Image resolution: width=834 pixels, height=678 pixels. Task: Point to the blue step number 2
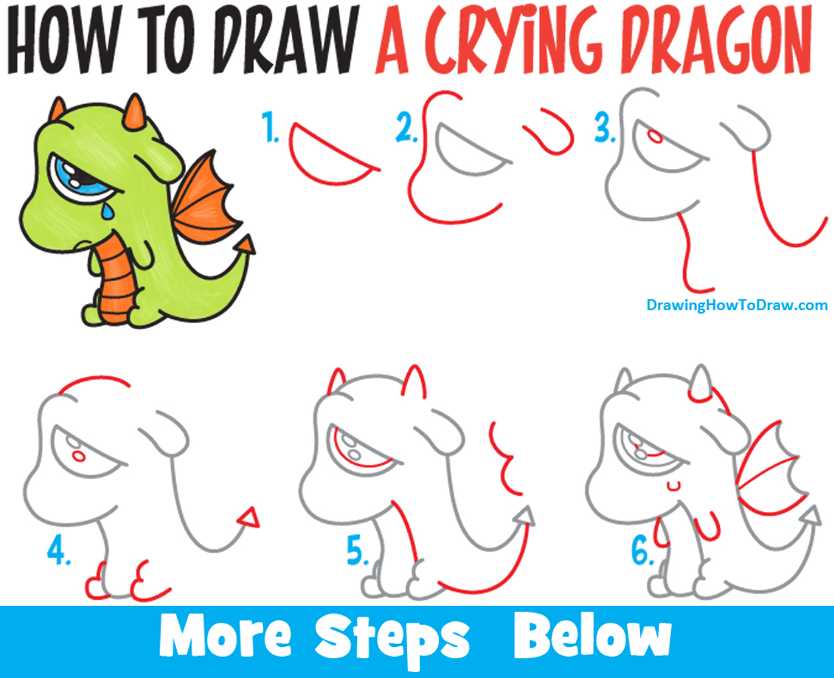point(407,129)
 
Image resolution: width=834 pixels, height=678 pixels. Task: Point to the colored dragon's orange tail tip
point(247,244)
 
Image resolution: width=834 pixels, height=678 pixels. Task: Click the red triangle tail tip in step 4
point(248,517)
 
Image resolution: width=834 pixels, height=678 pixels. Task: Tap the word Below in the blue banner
point(591,639)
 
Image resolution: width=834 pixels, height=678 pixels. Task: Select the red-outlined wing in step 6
point(766,470)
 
